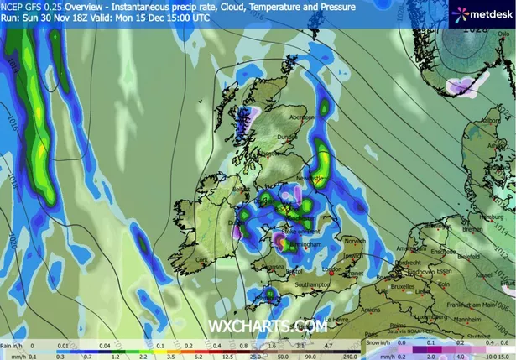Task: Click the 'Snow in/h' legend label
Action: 377,343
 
